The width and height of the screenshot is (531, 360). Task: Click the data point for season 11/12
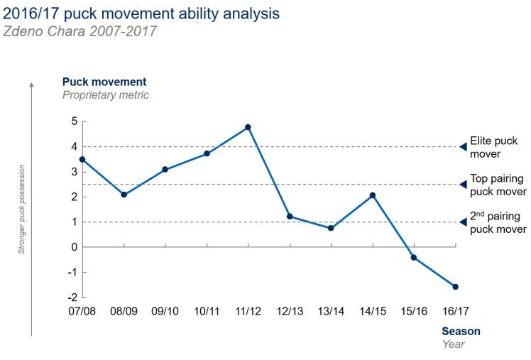click(x=248, y=127)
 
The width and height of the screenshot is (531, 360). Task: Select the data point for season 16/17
click(x=455, y=287)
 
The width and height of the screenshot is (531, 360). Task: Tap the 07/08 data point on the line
click(x=82, y=160)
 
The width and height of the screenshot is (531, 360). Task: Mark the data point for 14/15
click(x=372, y=195)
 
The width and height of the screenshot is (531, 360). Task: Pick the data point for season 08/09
click(x=124, y=195)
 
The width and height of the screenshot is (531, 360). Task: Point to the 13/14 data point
click(x=331, y=228)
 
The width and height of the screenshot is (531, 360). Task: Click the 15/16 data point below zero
click(x=414, y=257)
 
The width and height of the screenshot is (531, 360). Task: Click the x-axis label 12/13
click(x=290, y=312)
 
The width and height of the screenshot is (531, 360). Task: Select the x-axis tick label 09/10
click(x=165, y=312)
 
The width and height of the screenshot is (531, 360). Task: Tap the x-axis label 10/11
click(x=207, y=312)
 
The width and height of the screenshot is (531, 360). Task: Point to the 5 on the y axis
click(x=73, y=121)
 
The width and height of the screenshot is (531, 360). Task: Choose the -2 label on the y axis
click(x=71, y=298)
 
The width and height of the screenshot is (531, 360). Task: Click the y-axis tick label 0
click(x=73, y=247)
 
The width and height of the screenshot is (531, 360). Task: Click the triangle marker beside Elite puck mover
click(x=462, y=147)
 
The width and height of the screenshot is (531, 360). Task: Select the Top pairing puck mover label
click(x=498, y=185)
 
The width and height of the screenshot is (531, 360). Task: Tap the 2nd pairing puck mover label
click(x=498, y=223)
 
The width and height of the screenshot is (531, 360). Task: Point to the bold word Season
click(x=461, y=331)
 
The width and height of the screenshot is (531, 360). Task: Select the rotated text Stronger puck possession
click(x=22, y=210)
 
